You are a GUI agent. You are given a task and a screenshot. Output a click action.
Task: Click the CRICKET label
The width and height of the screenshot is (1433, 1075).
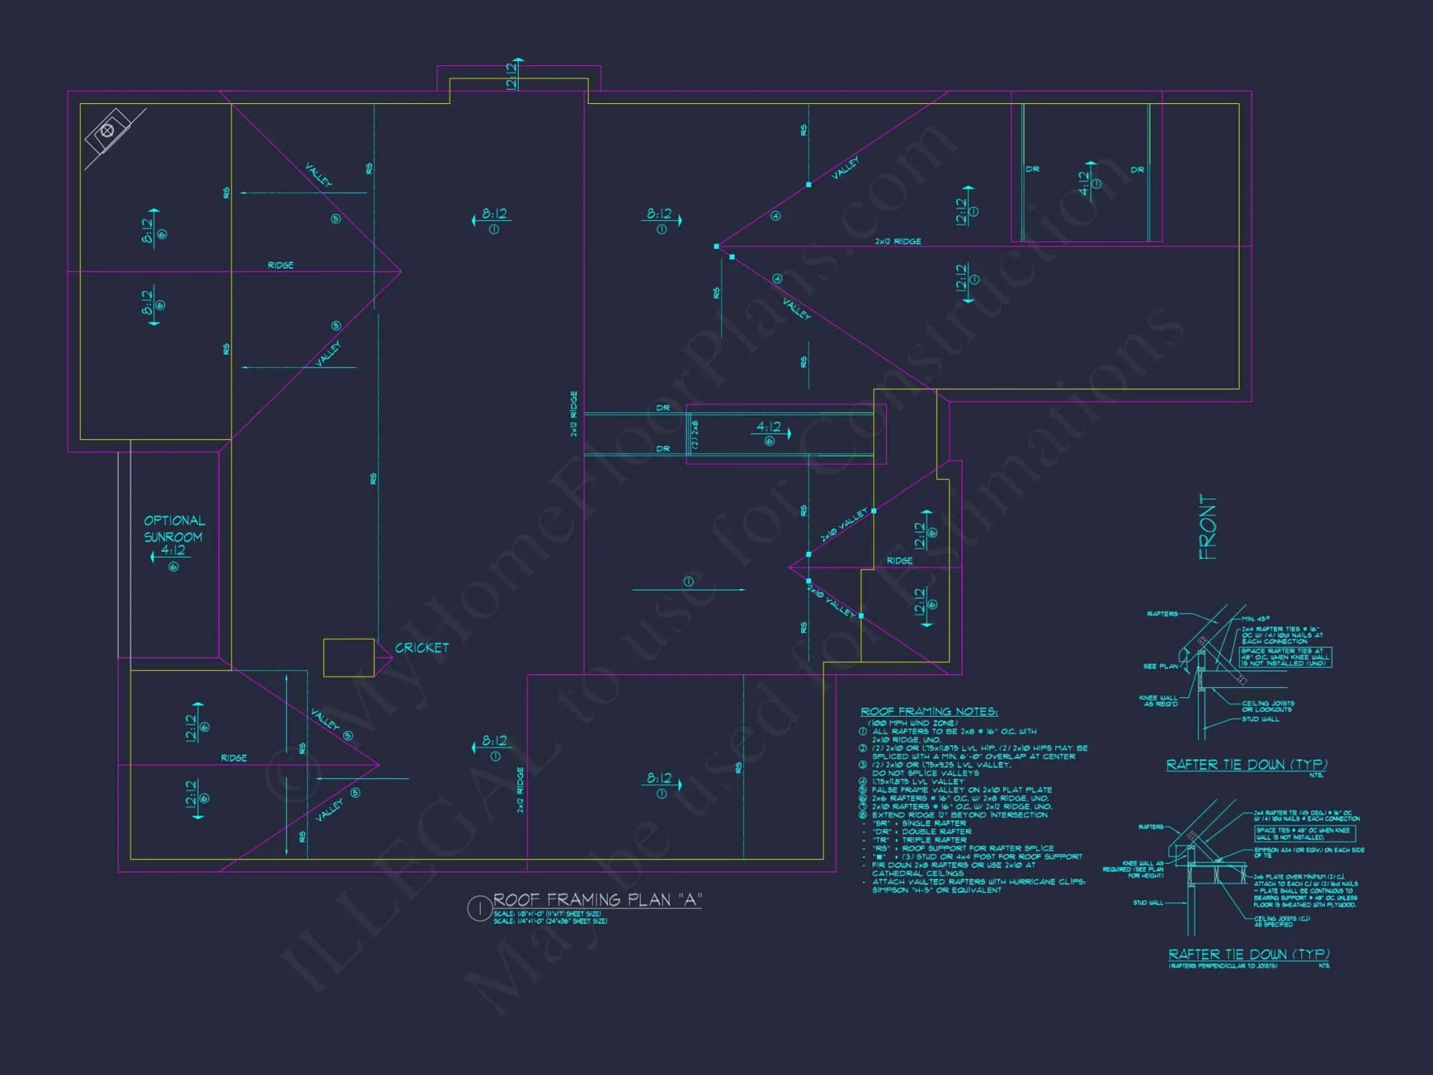pyautogui.click(x=422, y=648)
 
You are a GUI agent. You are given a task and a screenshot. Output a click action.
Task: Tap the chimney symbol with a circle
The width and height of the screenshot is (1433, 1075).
pyautogui.click(x=107, y=130)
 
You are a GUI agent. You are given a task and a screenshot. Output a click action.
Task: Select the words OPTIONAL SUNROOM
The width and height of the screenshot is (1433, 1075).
pyautogui.click(x=174, y=529)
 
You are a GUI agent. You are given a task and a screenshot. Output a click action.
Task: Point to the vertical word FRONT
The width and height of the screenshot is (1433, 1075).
pyautogui.click(x=1207, y=527)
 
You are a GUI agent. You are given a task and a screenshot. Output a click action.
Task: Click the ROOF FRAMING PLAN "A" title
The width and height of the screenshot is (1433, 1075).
pyautogui.click(x=597, y=900)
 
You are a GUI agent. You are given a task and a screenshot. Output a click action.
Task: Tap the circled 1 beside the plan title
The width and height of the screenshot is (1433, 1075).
pyautogui.click(x=479, y=909)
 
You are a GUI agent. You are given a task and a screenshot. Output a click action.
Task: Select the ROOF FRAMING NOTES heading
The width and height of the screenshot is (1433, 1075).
pyautogui.click(x=929, y=712)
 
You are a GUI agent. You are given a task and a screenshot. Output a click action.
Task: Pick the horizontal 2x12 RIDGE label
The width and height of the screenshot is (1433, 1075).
pyautogui.click(x=898, y=242)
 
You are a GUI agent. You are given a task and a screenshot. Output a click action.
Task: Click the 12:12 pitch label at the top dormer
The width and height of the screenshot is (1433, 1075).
pyautogui.click(x=512, y=75)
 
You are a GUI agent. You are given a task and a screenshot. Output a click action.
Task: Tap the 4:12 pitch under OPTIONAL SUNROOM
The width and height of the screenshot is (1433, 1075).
pyautogui.click(x=173, y=550)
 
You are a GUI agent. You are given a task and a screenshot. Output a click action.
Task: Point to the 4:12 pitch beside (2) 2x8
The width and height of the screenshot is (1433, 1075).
pyautogui.click(x=769, y=427)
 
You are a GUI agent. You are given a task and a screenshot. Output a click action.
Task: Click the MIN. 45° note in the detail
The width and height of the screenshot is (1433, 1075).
pyautogui.click(x=1255, y=618)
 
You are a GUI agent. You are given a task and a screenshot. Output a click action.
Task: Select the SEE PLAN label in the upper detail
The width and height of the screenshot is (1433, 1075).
pyautogui.click(x=1160, y=666)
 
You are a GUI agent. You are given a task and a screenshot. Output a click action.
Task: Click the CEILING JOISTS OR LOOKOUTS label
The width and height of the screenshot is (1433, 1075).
pyautogui.click(x=1267, y=706)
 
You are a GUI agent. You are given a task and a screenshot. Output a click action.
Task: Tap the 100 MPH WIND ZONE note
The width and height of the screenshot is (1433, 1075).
pyautogui.click(x=912, y=723)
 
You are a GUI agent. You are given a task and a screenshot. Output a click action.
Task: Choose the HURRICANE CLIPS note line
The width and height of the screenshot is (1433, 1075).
pyautogui.click(x=978, y=881)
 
